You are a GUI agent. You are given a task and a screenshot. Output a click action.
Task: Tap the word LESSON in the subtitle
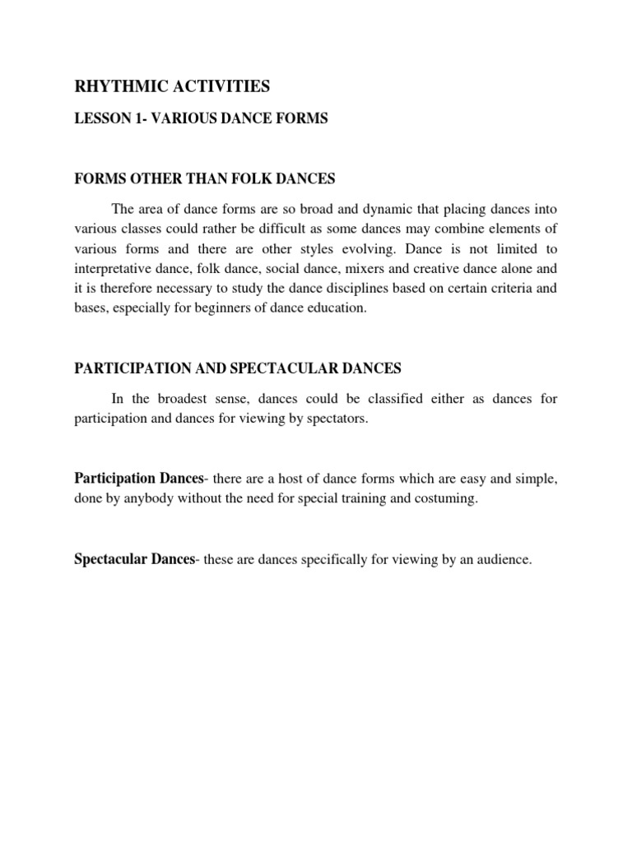click(x=100, y=119)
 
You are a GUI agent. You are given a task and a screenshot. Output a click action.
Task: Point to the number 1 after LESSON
click(x=136, y=119)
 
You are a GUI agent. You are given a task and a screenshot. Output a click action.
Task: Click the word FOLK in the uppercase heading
click(x=255, y=179)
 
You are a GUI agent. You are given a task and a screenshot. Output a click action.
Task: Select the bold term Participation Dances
click(x=138, y=479)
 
